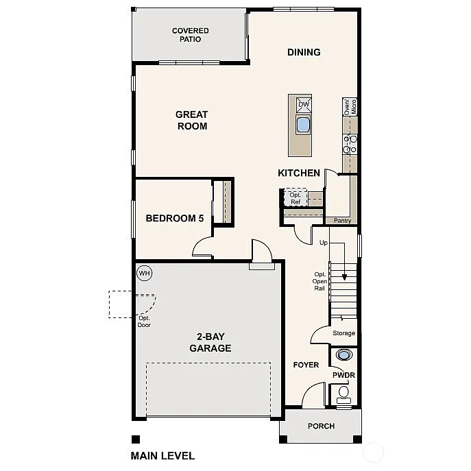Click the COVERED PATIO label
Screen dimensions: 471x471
point(190,35)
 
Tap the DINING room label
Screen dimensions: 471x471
point(304,52)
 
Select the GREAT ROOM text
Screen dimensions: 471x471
point(191,120)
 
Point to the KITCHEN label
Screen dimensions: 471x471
point(299,173)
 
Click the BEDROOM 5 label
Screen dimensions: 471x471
point(175,219)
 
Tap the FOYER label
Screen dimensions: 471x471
point(306,365)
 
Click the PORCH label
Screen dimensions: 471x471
point(321,426)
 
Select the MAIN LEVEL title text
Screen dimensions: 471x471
point(162,455)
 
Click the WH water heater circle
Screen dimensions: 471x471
point(144,273)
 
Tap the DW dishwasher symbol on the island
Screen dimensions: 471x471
point(303,105)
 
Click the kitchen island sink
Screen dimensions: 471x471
point(303,125)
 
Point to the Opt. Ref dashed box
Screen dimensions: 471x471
point(295,198)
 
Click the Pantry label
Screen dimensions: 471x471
point(342,221)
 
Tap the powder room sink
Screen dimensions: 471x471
point(343,355)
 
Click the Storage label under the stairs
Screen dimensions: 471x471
point(343,333)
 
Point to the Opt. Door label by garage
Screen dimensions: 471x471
point(143,321)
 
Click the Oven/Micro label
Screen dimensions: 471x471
point(350,106)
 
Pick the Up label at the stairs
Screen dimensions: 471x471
point(324,243)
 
